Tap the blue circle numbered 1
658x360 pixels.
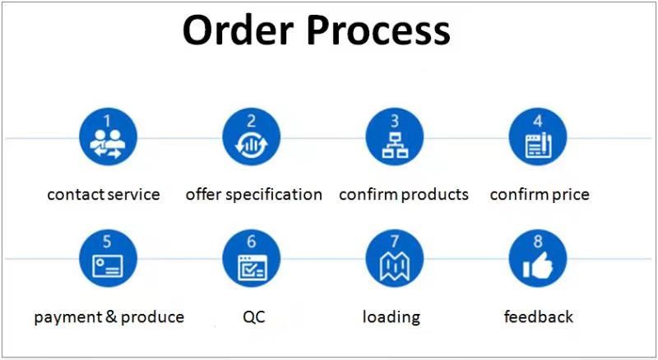click(x=108, y=136)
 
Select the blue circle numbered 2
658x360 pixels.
click(x=251, y=136)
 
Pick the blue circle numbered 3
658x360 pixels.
click(x=394, y=136)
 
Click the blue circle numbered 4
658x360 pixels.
click(x=538, y=136)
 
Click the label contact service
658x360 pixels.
click(x=104, y=195)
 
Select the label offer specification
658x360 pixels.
click(x=253, y=195)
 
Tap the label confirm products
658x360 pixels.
click(x=403, y=195)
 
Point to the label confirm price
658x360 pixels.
click(x=540, y=195)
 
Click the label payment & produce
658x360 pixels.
click(x=109, y=316)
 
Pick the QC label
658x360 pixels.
click(x=254, y=316)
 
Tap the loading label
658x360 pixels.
click(x=392, y=316)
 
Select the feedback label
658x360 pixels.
click(x=538, y=316)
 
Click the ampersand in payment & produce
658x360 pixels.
click(x=112, y=316)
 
